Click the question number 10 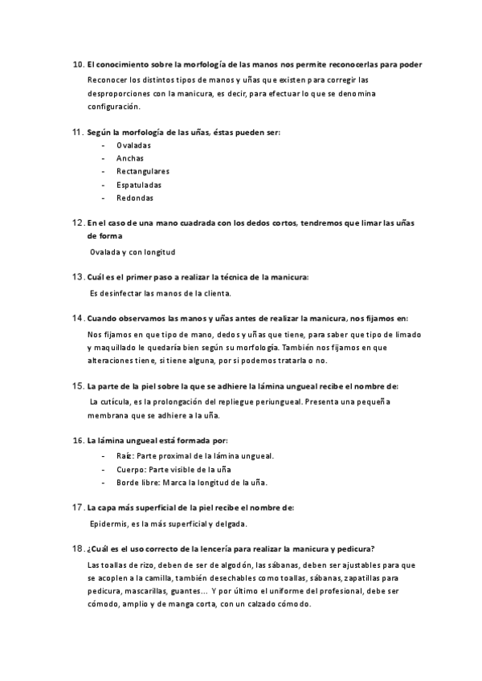(77, 63)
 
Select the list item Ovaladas (133, 145)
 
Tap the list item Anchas (130, 158)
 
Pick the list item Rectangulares (142, 171)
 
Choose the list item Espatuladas (138, 185)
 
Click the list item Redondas (134, 198)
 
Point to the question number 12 (77, 223)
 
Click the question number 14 (77, 319)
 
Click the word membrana (110, 415)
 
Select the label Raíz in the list (124, 455)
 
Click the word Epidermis (110, 524)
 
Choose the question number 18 (77, 548)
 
